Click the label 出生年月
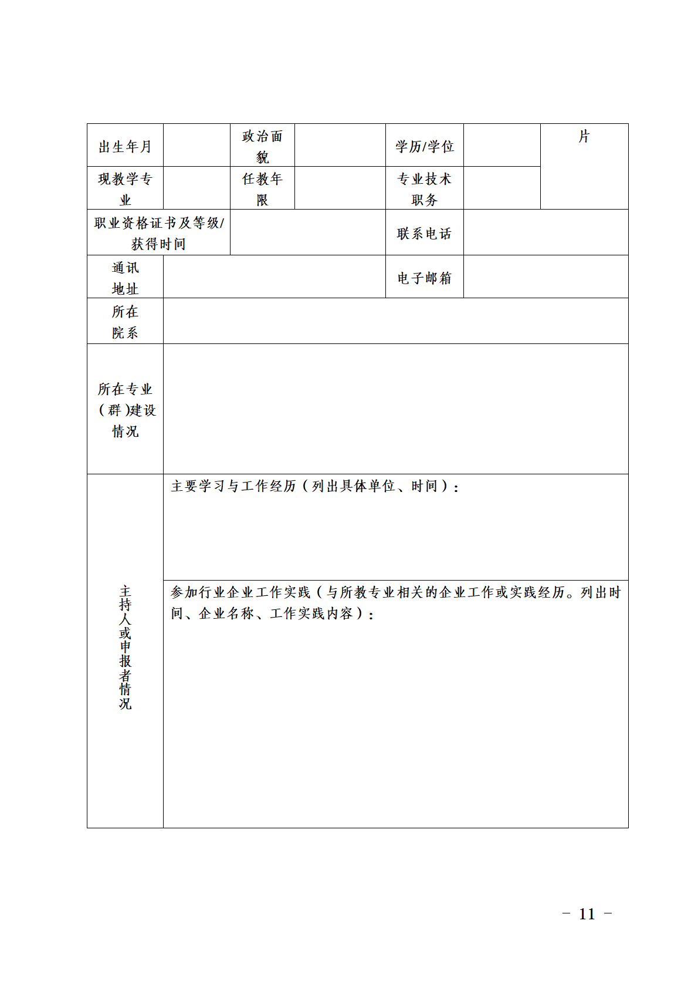pyautogui.click(x=125, y=146)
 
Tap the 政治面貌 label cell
pyautogui.click(x=262, y=146)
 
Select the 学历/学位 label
pyautogui.click(x=424, y=146)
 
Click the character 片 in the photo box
pyautogui.click(x=584, y=136)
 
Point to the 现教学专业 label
pyautogui.click(x=125, y=188)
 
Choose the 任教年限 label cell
pyautogui.click(x=262, y=188)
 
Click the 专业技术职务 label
pyautogui.click(x=424, y=188)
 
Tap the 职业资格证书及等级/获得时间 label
pyautogui.click(x=158, y=232)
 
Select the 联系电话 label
pyautogui.click(x=424, y=233)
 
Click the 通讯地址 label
pyautogui.click(x=125, y=278)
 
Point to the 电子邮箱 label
pyautogui.click(x=424, y=278)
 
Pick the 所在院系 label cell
pyautogui.click(x=125, y=322)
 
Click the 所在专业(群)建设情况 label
pyautogui.click(x=125, y=410)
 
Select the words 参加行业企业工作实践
pyautogui.click(x=240, y=592)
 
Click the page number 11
pyautogui.click(x=587, y=913)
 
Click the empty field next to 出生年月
pyautogui.click(x=196, y=146)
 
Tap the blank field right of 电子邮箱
pyautogui.click(x=545, y=277)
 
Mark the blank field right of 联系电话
pyautogui.click(x=545, y=232)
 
